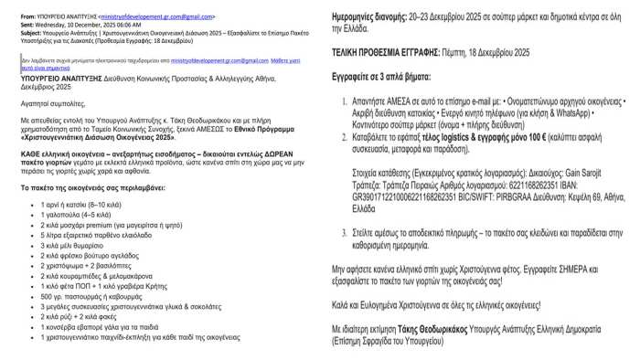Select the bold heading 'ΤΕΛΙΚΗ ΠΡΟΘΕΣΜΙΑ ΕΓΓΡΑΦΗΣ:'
pyautogui.click(x=397, y=54)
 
